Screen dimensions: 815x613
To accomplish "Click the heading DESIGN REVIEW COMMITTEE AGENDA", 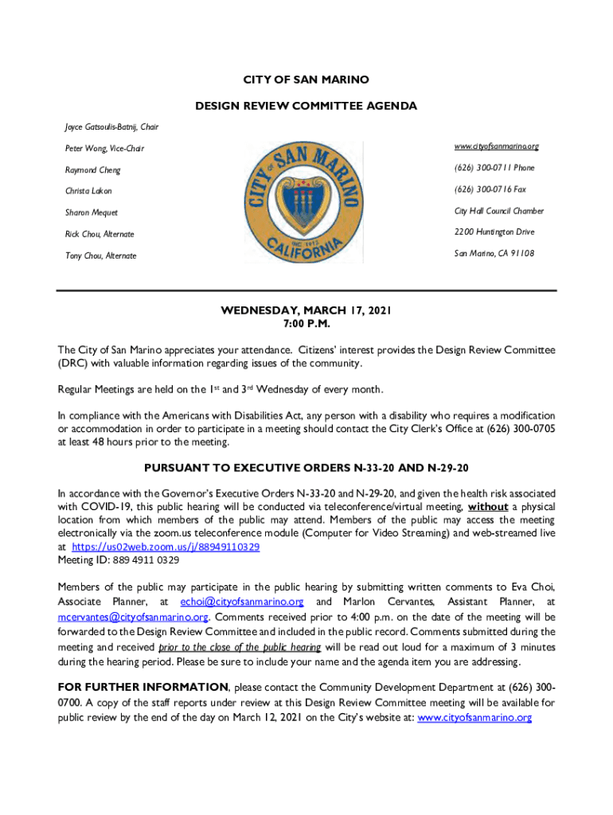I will point(306,106).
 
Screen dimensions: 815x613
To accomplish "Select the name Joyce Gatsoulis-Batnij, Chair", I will point(111,127).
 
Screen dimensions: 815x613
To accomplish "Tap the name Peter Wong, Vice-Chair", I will point(104,149).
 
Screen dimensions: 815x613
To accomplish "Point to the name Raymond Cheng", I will point(93,170).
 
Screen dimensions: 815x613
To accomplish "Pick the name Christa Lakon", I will point(88,192).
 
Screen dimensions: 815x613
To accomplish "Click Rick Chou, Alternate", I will point(100,234).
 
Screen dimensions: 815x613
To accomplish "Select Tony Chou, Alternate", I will point(100,255).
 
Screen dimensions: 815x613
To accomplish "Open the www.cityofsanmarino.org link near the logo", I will point(497,147).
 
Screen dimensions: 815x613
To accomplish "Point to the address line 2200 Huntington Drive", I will point(494,232).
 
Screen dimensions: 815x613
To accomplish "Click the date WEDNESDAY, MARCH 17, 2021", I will point(306,311).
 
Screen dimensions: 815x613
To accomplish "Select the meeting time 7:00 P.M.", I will point(306,325).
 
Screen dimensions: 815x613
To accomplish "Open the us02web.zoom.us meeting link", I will point(166,548).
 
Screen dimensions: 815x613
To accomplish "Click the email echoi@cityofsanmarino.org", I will point(242,602).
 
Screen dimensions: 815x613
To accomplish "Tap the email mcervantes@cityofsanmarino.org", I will point(133,617).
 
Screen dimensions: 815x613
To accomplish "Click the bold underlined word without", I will point(488,507).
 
